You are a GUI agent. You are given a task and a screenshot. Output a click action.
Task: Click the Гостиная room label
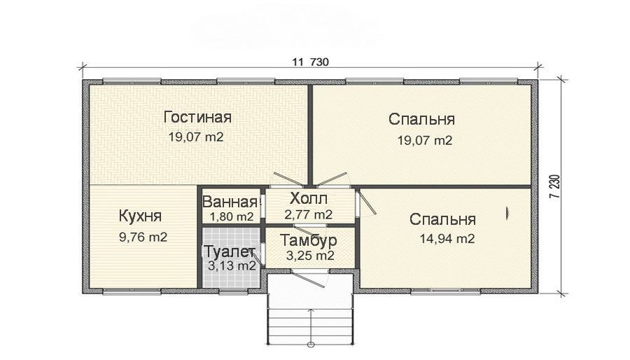point(197,116)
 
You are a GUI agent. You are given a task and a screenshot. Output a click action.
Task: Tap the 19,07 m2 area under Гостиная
point(196,137)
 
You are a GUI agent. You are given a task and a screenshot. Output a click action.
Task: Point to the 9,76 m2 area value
point(143,237)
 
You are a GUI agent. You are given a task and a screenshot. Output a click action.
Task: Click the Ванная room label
point(230,202)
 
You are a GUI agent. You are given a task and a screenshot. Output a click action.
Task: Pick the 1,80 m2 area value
point(229,216)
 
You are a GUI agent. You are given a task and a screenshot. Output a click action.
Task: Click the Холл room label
point(308,198)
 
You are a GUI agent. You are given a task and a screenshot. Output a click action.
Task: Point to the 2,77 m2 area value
point(308,214)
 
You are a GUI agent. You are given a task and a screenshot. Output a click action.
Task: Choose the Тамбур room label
point(309,240)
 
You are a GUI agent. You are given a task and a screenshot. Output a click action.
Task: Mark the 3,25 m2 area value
point(309,256)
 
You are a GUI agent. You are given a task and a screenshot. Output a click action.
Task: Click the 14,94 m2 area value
point(447,239)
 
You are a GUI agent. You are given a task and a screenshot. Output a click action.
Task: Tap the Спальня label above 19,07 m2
point(422,119)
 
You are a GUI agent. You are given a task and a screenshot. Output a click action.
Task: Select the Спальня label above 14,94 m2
point(443,219)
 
